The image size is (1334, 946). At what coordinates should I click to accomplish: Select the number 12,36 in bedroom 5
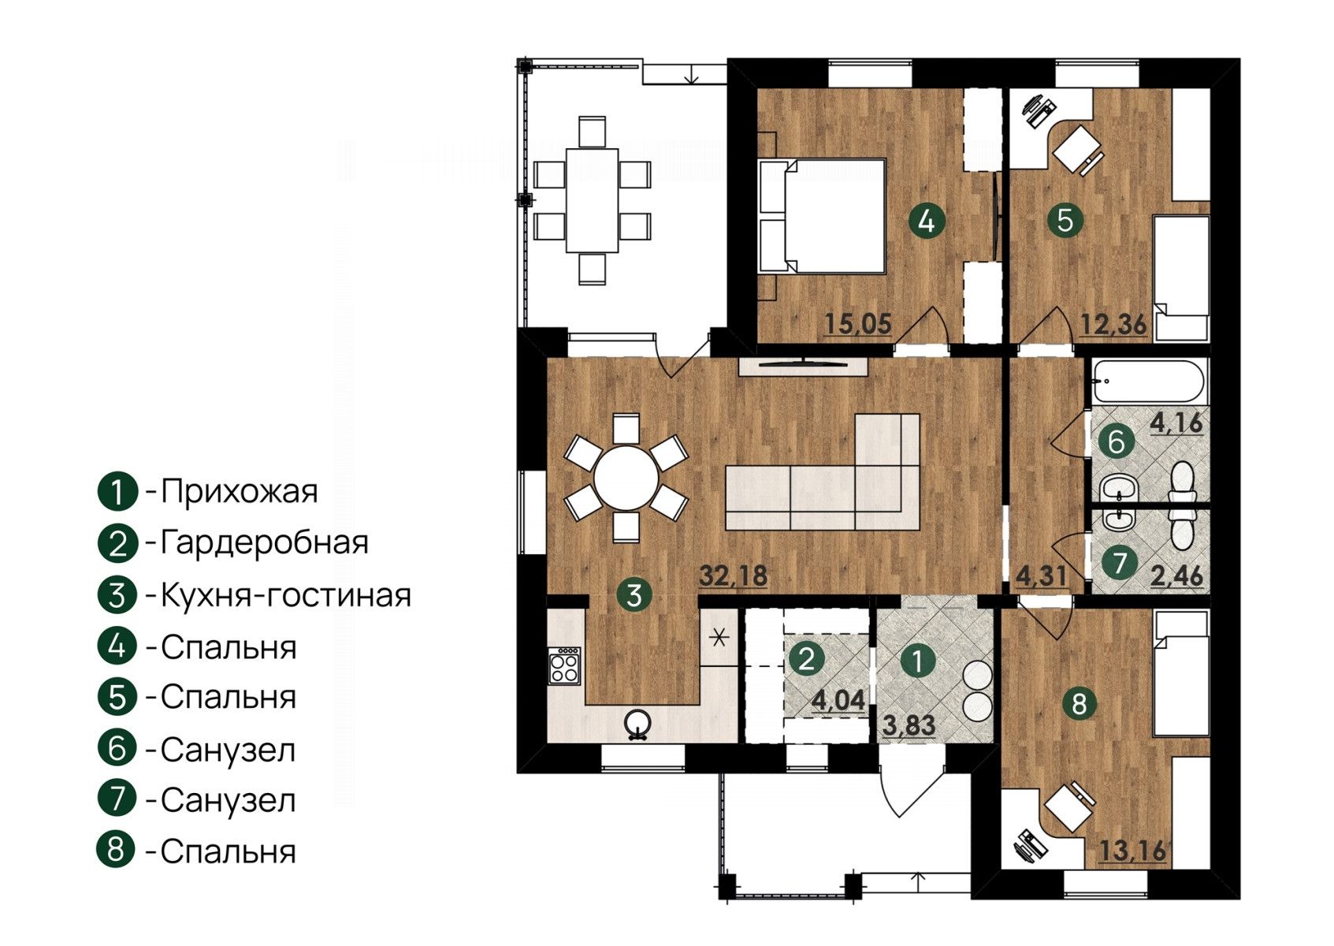[1113, 325]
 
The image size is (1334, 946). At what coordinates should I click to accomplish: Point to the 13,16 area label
[1133, 851]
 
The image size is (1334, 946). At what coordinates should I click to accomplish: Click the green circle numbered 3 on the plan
[634, 594]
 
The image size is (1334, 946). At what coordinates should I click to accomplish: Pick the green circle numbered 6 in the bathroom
[1116, 442]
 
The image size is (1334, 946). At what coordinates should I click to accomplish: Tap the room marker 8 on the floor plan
[1079, 704]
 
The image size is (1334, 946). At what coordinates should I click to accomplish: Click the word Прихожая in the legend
[240, 492]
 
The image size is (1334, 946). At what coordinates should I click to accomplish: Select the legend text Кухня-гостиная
[286, 595]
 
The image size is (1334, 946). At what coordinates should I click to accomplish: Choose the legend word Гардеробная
[265, 543]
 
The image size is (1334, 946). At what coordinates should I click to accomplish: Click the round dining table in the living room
[626, 478]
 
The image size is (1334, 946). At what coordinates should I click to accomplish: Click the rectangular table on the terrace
[592, 200]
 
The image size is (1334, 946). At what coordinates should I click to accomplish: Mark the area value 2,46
[1176, 575]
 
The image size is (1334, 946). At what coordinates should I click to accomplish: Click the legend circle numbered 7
[117, 799]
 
